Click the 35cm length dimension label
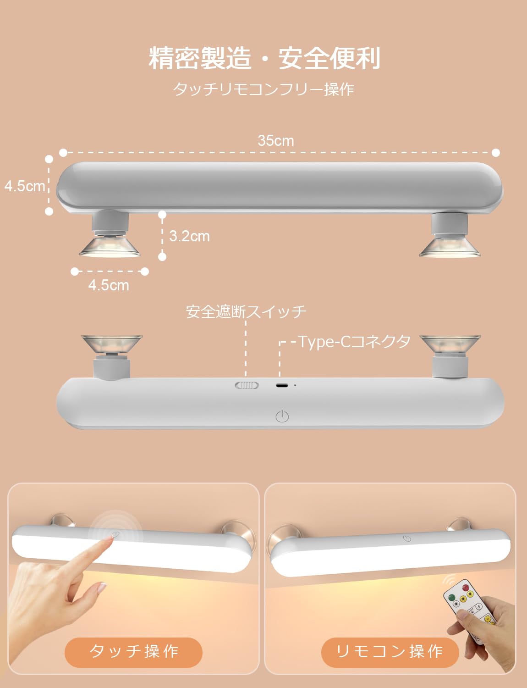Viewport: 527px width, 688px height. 275,140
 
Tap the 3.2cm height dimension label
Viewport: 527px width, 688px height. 189,236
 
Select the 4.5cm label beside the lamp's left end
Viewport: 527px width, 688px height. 25,186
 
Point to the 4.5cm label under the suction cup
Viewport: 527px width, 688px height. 109,285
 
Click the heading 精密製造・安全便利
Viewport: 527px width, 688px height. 264,58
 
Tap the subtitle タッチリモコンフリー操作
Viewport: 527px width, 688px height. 263,89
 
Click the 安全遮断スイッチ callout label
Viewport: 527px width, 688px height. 246,312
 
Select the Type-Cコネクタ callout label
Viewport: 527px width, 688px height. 354,342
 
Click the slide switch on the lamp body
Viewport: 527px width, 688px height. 247,385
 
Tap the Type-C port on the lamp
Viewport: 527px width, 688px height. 282,385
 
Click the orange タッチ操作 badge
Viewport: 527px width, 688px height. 133,652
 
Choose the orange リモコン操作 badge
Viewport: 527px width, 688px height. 390,652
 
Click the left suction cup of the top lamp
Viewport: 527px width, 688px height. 110,245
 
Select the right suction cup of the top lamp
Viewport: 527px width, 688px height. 449,245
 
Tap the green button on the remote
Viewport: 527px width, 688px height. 452,598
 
